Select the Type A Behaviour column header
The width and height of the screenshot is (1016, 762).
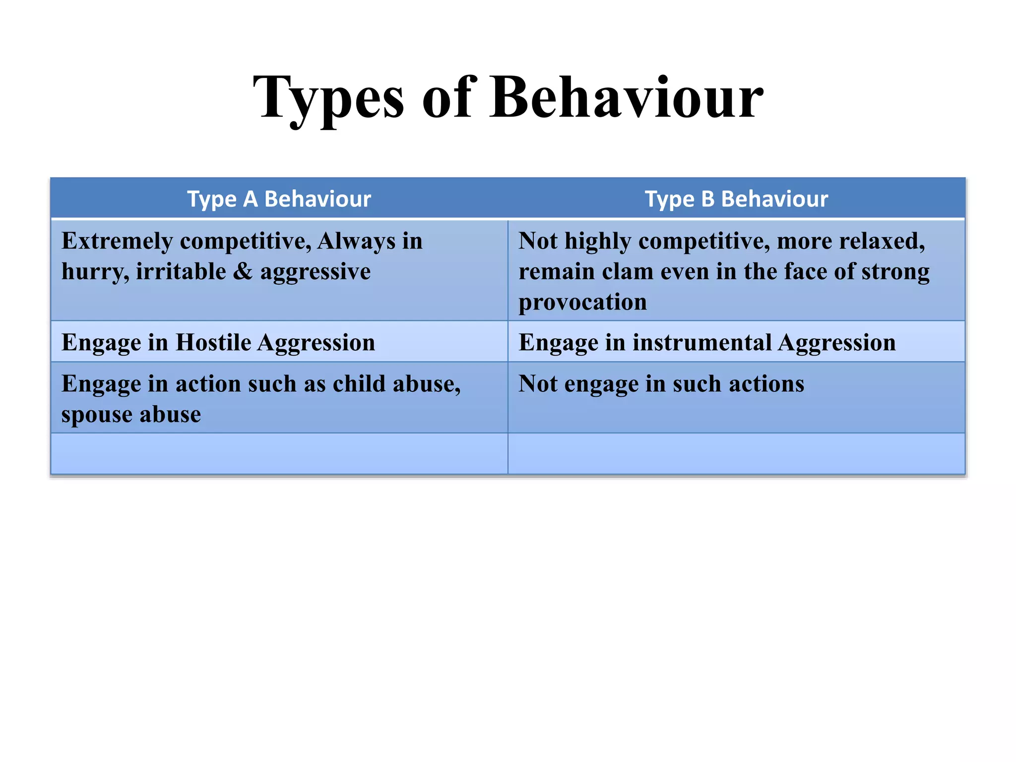(279, 199)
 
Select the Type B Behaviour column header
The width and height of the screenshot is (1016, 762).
(736, 199)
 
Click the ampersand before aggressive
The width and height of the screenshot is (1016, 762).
(243, 272)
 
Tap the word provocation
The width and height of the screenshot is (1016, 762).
(582, 303)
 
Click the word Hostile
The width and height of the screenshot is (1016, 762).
(213, 343)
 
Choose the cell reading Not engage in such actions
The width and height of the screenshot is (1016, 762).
(736, 397)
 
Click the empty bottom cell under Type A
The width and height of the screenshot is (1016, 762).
(279, 453)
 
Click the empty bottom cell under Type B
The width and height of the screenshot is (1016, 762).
(736, 453)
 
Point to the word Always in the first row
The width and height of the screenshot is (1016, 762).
(356, 242)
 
